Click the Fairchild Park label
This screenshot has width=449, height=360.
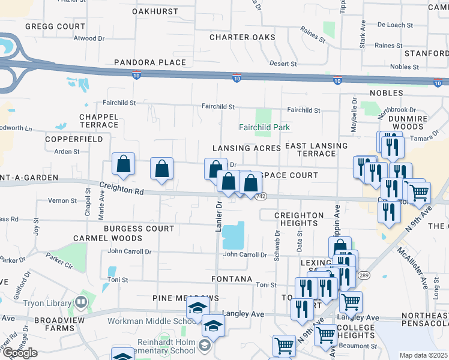(264, 127)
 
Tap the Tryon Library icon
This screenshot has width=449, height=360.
(80, 302)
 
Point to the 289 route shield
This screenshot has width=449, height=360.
(363, 275)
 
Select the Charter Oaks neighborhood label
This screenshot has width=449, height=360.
(242, 37)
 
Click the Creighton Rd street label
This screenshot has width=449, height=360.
(122, 189)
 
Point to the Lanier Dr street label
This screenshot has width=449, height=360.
(218, 215)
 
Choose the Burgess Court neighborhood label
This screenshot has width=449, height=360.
(139, 229)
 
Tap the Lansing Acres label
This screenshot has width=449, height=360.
(246, 148)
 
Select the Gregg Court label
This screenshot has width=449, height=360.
(55, 27)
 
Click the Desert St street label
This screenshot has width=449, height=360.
(283, 64)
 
